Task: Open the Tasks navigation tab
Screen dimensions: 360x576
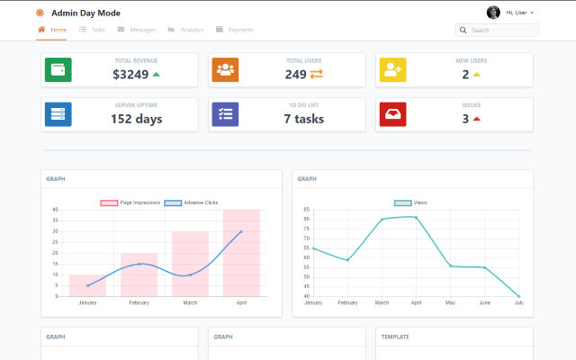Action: tap(93, 30)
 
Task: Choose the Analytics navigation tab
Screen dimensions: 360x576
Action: tap(185, 30)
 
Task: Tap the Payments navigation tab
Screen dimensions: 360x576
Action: tap(235, 30)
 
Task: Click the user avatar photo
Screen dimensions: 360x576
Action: tap(493, 13)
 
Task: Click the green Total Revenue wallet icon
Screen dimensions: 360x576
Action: tap(58, 69)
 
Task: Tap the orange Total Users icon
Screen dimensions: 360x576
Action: tap(225, 69)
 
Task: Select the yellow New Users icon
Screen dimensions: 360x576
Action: tap(392, 69)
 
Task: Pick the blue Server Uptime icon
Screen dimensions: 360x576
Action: tap(58, 114)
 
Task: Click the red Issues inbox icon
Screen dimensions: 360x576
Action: tap(392, 114)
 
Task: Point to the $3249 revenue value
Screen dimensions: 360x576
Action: tap(131, 75)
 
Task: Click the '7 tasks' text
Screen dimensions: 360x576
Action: tap(303, 119)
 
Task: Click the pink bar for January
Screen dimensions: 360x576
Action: tap(87, 285)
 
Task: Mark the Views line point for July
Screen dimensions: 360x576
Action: tap(519, 296)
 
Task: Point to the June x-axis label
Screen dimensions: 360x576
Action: tap(484, 303)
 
